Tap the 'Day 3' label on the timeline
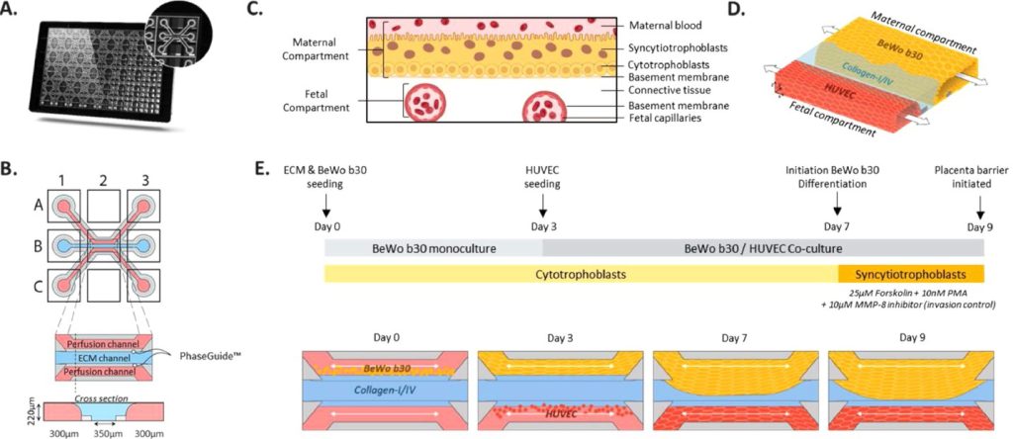pos(543,226)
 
